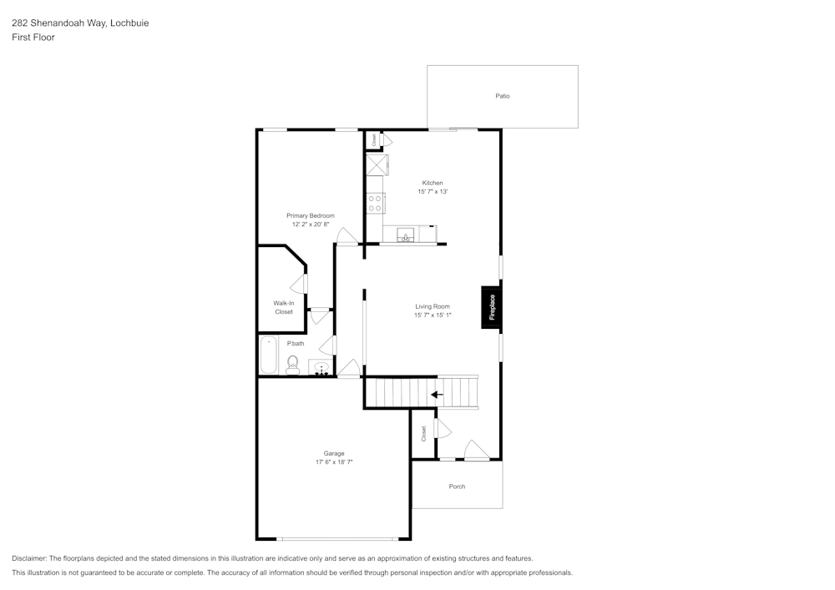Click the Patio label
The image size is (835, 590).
tap(502, 96)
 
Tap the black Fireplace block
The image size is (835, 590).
tap(492, 308)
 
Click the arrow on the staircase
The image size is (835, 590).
tap(437, 394)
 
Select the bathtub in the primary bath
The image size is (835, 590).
tap(269, 356)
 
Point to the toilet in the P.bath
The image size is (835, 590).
tap(293, 364)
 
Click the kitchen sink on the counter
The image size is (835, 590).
tap(406, 234)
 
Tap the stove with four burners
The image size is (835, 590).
tap(375, 203)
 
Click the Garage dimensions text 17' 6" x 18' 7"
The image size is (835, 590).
tap(334, 461)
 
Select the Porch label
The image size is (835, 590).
tap(457, 487)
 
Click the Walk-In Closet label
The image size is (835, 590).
tap(284, 307)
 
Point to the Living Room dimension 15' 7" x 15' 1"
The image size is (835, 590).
tap(433, 315)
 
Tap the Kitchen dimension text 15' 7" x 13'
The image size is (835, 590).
tap(433, 192)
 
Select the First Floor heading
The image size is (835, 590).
tap(33, 38)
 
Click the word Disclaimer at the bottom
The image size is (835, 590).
tap(29, 558)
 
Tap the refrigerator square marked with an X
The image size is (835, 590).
tap(375, 164)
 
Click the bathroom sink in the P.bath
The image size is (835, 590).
tap(321, 368)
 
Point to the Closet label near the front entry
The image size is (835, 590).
tap(424, 433)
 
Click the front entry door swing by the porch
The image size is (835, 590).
tap(476, 451)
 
